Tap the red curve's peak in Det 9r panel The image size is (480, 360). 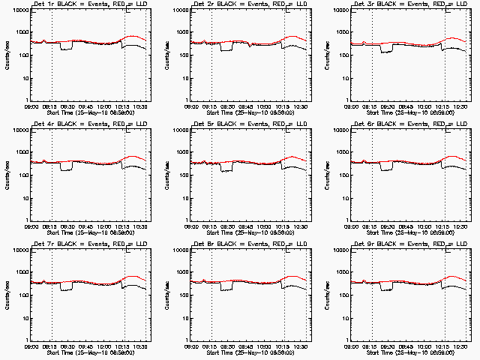click(x=454, y=277)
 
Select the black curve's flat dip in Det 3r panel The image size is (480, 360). click(x=386, y=51)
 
